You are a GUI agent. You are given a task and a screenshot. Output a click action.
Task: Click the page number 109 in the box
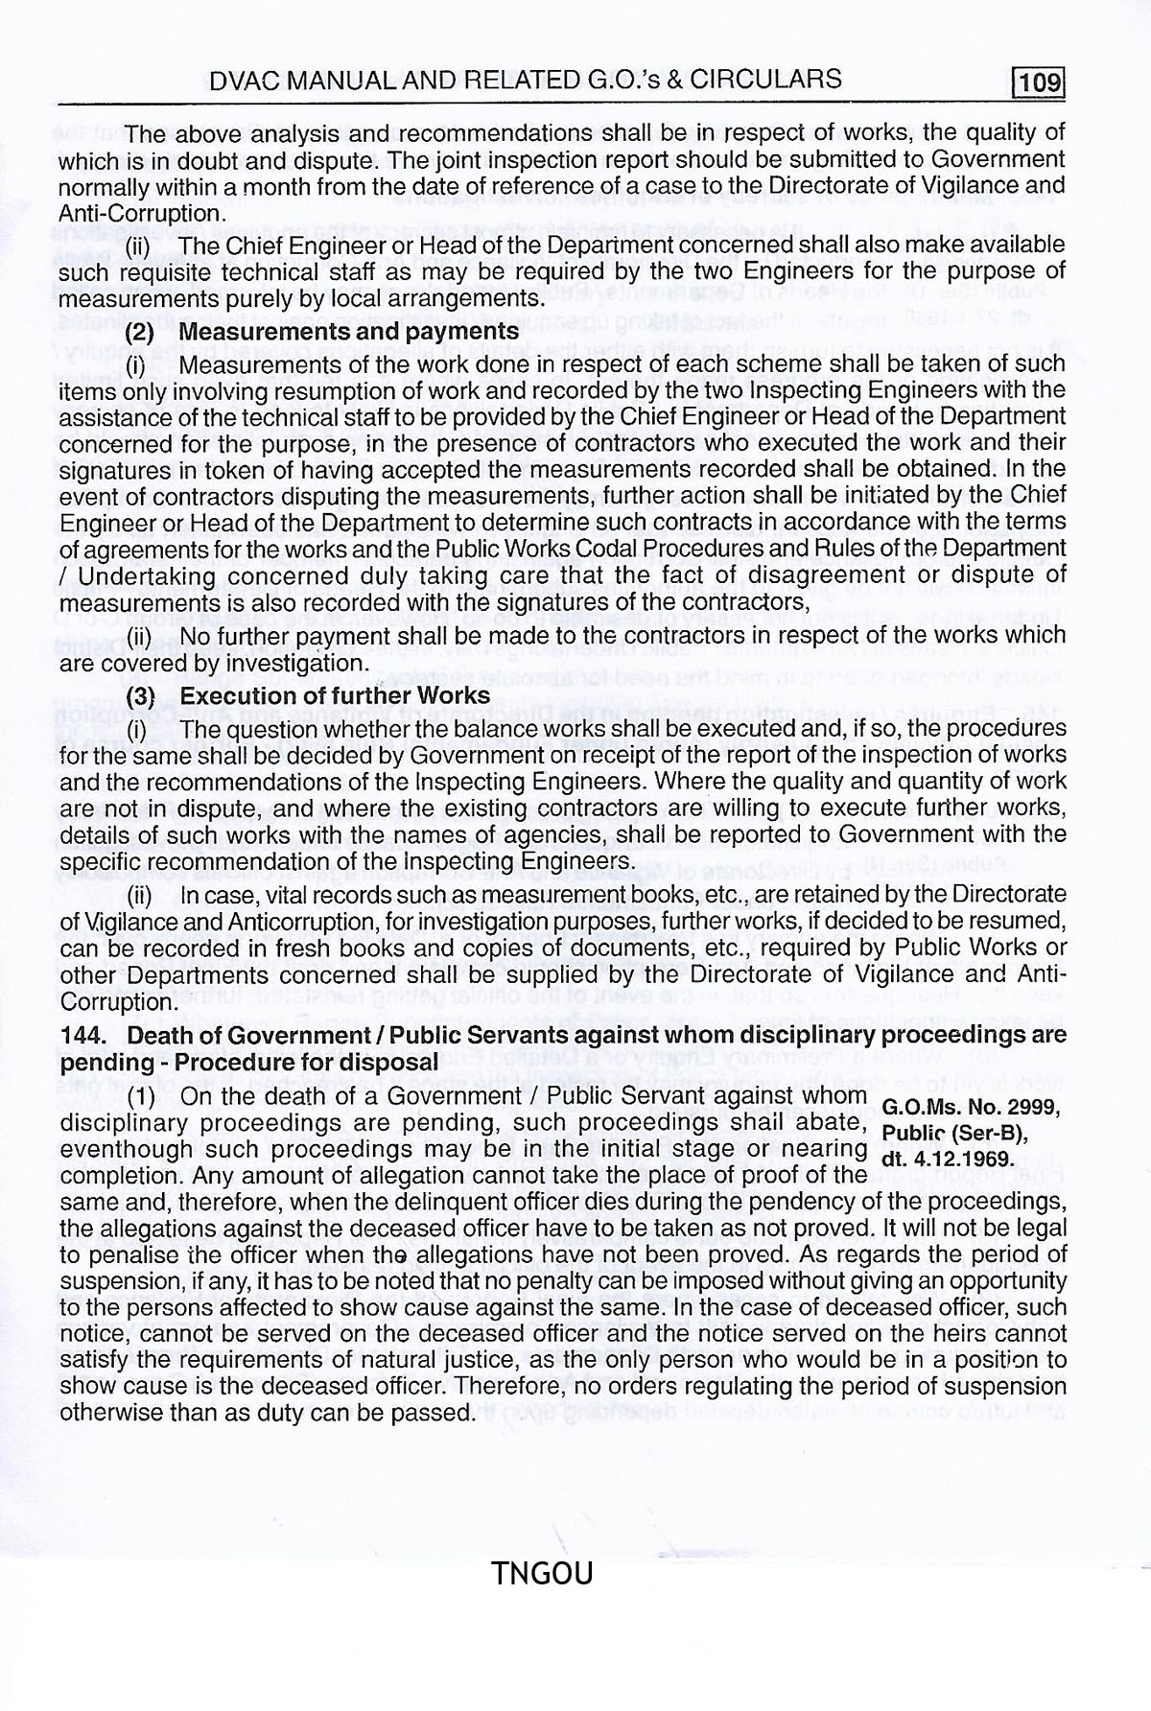pos(1041,82)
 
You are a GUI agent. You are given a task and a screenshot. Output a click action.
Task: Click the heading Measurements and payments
pos(349,333)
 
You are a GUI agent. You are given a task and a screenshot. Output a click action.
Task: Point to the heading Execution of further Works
pos(335,695)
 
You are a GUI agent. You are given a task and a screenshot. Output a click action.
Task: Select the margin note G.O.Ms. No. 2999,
pos(970,1108)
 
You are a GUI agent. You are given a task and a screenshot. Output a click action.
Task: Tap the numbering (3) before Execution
pos(141,696)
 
